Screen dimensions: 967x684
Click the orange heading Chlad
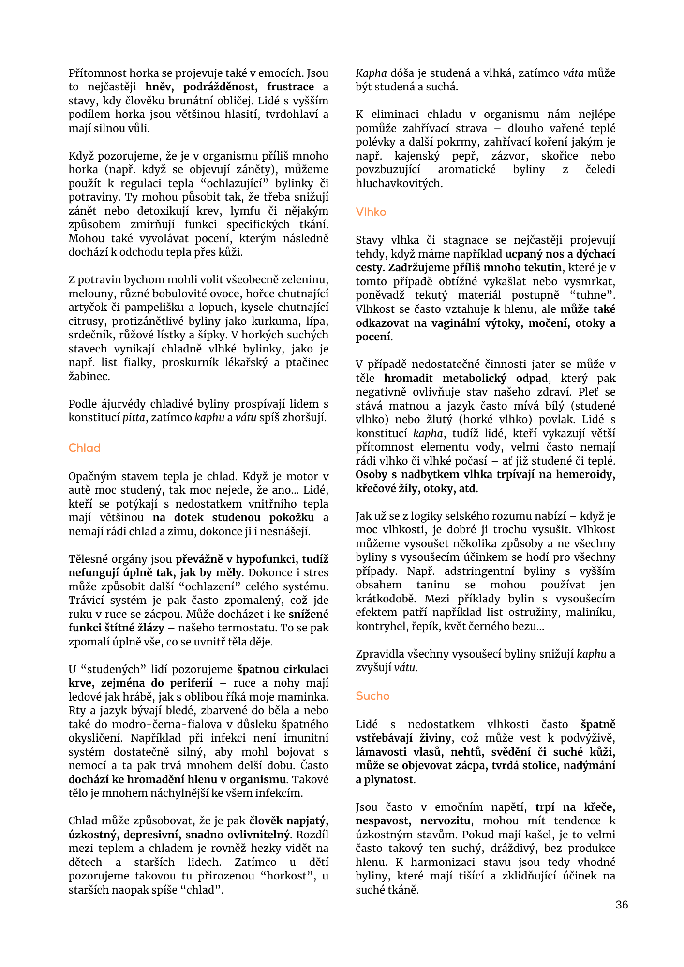click(x=85, y=448)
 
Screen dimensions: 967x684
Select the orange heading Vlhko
click(x=371, y=212)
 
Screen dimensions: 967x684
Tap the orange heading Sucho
click(x=372, y=696)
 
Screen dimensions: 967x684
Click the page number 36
click(x=622, y=905)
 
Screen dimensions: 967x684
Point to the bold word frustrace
click(x=290, y=87)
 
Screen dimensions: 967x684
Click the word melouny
click(x=89, y=294)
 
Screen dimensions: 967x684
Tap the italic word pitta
click(x=134, y=418)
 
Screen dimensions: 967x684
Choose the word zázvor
click(x=510, y=156)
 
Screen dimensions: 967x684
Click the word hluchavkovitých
click(x=399, y=184)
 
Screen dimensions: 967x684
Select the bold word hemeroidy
click(x=585, y=475)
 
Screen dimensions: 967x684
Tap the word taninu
click(x=433, y=585)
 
